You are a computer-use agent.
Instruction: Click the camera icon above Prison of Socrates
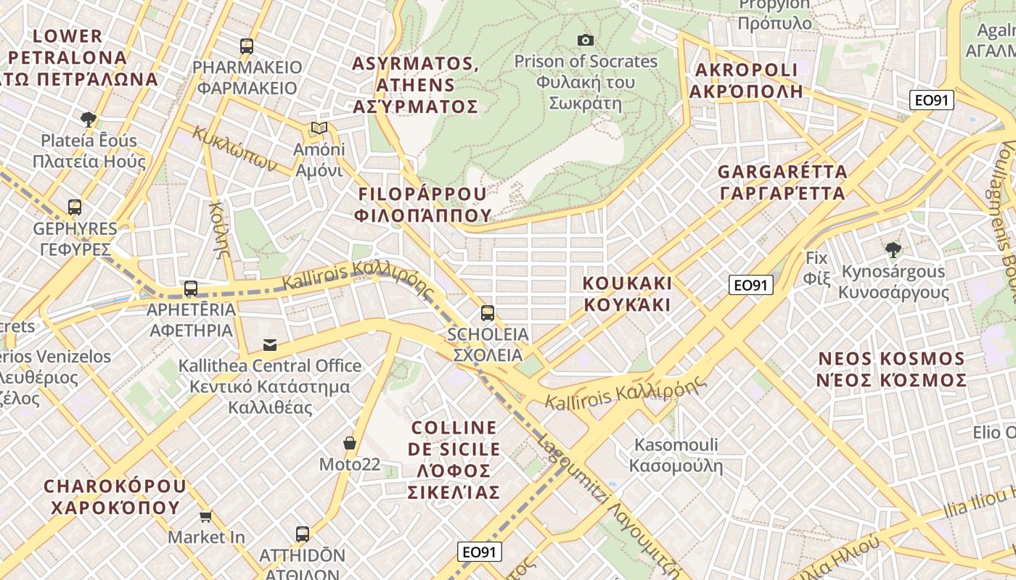click(x=585, y=40)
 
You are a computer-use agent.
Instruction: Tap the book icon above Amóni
click(x=319, y=128)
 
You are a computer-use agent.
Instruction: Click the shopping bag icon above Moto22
click(x=350, y=442)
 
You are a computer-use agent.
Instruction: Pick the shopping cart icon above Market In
click(x=206, y=516)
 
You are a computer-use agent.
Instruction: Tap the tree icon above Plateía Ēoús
click(x=89, y=119)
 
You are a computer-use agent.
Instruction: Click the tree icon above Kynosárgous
click(x=893, y=250)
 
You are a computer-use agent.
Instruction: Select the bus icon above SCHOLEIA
click(x=488, y=313)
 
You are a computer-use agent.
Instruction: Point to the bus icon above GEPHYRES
click(x=75, y=207)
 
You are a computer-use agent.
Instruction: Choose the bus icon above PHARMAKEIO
click(x=247, y=46)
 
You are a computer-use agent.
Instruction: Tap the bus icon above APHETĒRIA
click(x=191, y=289)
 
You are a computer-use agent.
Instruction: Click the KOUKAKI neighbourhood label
click(x=628, y=294)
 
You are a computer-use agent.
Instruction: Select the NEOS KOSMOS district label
click(x=892, y=369)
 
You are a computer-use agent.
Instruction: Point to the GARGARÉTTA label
click(x=782, y=182)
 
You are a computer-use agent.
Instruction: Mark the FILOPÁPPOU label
click(x=422, y=204)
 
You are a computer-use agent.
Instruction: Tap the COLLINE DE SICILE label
click(x=454, y=460)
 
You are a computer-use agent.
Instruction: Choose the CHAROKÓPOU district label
click(x=115, y=496)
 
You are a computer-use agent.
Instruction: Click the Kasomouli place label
click(x=676, y=455)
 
